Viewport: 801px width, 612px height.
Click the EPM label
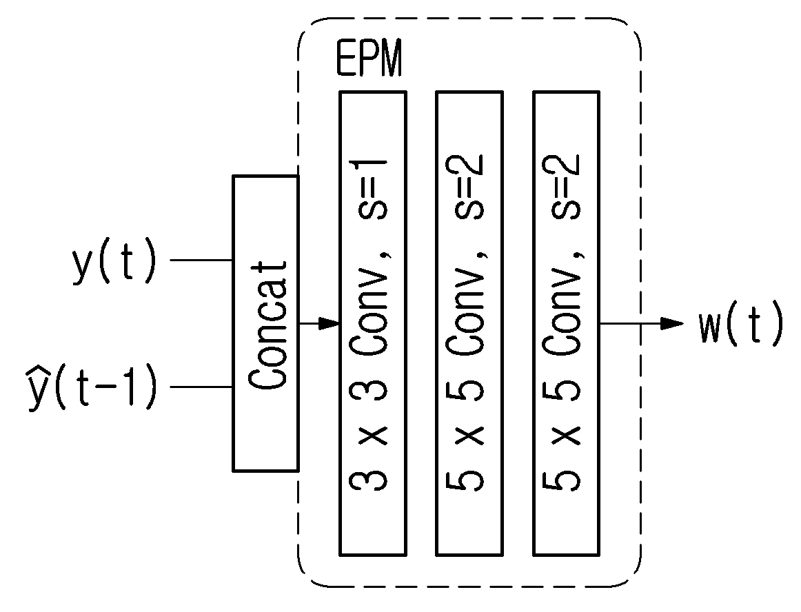pyautogui.click(x=369, y=58)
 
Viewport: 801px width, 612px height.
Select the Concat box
pyautogui.click(x=265, y=323)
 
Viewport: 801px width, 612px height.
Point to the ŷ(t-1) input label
pyautogui.click(x=92, y=387)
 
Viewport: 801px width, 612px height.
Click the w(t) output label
pyautogui.click(x=740, y=323)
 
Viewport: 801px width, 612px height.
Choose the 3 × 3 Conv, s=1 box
pyautogui.click(x=373, y=323)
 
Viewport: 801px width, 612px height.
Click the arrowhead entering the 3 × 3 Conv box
pyautogui.click(x=329, y=323)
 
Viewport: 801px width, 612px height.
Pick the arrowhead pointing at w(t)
pyautogui.click(x=672, y=323)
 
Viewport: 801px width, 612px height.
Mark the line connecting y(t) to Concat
pyautogui.click(x=201, y=260)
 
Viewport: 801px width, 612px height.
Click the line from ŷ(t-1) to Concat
pyautogui.click(x=201, y=387)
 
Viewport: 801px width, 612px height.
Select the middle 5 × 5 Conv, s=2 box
pyautogui.click(x=469, y=323)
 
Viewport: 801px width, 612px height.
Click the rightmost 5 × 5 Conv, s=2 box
pyautogui.click(x=567, y=323)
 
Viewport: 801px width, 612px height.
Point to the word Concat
pyautogui.click(x=267, y=325)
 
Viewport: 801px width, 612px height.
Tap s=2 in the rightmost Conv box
pyautogui.click(x=562, y=187)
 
